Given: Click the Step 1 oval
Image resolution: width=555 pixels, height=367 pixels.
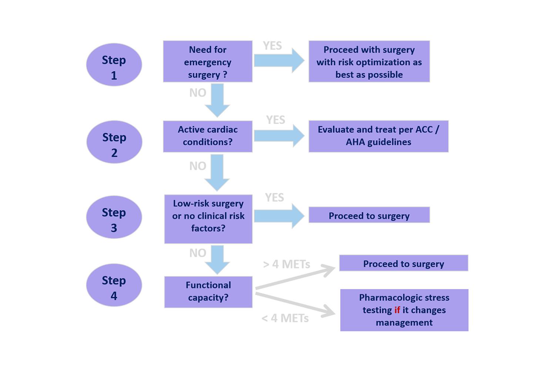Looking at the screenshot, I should (114, 65).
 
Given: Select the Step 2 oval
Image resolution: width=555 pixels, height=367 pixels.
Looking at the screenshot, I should (114, 142).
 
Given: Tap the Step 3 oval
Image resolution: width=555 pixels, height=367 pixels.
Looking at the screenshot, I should (114, 217).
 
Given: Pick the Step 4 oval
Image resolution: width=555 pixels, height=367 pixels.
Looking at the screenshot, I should (114, 285).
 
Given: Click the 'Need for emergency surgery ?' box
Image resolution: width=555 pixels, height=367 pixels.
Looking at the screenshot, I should (208, 61).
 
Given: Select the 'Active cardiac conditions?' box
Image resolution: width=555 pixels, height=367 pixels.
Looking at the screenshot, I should (208, 136).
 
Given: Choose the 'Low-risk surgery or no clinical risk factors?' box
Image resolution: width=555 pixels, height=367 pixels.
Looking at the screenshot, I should (208, 219).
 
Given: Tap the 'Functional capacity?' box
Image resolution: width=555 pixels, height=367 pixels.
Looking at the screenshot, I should (208, 292).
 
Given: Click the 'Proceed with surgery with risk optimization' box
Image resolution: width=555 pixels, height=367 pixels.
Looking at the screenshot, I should (369, 61).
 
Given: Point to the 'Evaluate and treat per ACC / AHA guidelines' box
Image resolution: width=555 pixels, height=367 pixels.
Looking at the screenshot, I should (378, 136).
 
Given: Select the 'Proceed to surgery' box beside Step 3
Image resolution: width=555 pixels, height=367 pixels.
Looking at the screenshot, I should (369, 215).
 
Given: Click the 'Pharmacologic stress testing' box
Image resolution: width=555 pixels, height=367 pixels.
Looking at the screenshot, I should (404, 310).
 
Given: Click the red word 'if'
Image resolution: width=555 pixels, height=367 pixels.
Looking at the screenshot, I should (397, 310).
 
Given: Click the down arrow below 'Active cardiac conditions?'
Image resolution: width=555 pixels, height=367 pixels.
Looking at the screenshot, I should (217, 172).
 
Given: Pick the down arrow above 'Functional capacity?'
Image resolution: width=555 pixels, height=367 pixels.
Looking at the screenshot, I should (217, 260).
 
